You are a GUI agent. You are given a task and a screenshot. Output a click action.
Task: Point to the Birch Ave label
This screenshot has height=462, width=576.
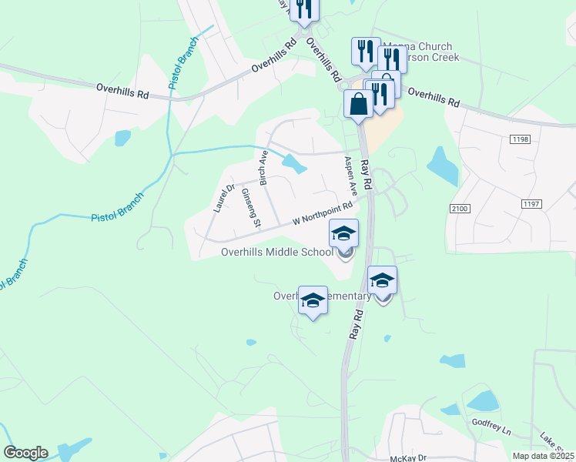pyautogui.click(x=264, y=169)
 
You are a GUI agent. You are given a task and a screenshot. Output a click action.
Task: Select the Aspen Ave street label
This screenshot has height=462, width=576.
pyautogui.click(x=351, y=176)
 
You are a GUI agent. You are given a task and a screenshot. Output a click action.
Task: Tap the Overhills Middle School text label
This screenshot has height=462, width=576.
pyautogui.click(x=277, y=252)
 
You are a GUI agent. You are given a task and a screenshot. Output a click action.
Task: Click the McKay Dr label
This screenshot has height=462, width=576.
pyautogui.click(x=408, y=457)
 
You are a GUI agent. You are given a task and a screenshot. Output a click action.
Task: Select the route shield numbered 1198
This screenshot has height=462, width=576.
pyautogui.click(x=520, y=139)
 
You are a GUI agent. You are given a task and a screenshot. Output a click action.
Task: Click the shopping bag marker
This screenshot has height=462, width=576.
pyautogui.click(x=360, y=104)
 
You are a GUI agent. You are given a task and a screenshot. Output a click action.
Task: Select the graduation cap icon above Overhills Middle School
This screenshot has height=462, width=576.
pyautogui.click(x=344, y=233)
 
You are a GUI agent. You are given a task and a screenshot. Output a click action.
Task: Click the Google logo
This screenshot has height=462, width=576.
pyautogui.click(x=25, y=453)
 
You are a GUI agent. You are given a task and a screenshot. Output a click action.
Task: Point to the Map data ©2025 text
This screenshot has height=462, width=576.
pyautogui.click(x=543, y=456)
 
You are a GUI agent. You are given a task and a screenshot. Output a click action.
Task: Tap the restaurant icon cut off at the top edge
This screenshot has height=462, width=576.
pyautogui.click(x=305, y=8)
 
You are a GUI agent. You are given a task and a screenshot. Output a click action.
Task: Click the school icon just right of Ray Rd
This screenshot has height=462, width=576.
pyautogui.click(x=382, y=281)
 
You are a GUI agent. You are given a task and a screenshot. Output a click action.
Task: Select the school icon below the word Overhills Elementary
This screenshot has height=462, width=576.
pyautogui.click(x=313, y=301)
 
